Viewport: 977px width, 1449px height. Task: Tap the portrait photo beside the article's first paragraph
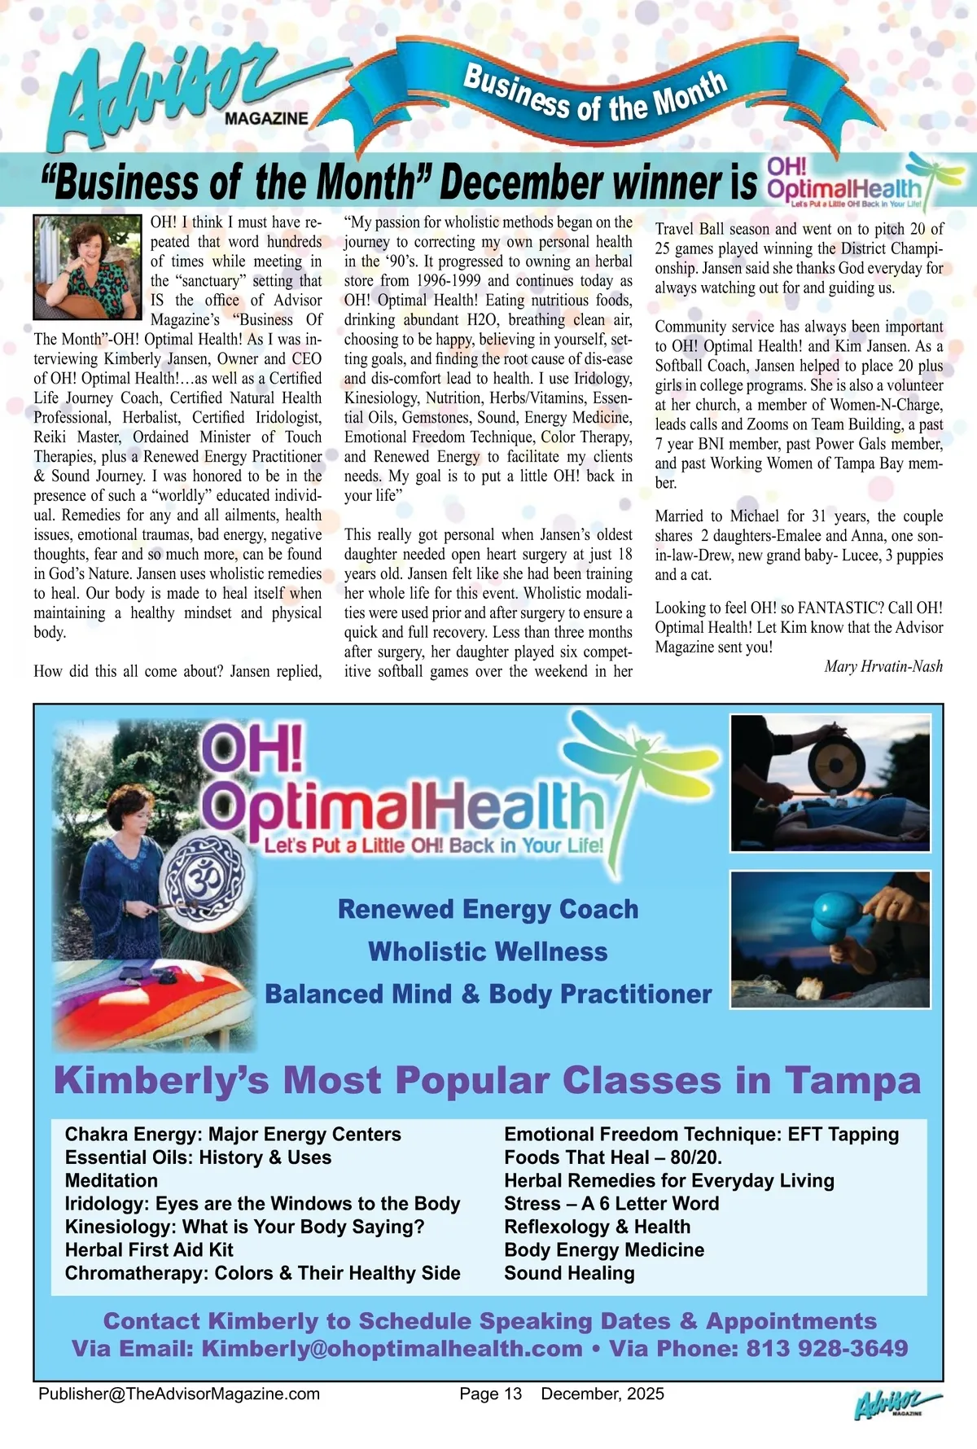pyautogui.click(x=88, y=266)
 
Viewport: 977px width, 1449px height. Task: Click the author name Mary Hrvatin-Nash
pyautogui.click(x=883, y=666)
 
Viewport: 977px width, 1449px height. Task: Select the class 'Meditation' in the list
pyautogui.click(x=112, y=1180)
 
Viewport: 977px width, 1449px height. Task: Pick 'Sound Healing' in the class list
pyautogui.click(x=569, y=1272)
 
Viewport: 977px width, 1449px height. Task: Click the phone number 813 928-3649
pyautogui.click(x=826, y=1348)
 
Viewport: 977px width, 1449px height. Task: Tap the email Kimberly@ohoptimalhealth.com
pyautogui.click(x=392, y=1348)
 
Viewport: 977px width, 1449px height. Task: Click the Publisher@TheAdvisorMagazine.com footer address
pyautogui.click(x=179, y=1394)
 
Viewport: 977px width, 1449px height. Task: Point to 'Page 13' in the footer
pyautogui.click(x=490, y=1394)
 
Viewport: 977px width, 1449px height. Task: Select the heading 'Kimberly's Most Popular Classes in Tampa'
pyautogui.click(x=487, y=1081)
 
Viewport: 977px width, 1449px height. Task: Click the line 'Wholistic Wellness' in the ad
pyautogui.click(x=488, y=951)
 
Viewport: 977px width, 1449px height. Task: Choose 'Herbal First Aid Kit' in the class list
pyautogui.click(x=149, y=1249)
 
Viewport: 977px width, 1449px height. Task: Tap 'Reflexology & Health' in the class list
pyautogui.click(x=597, y=1227)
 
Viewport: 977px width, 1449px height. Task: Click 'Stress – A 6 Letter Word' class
pyautogui.click(x=611, y=1203)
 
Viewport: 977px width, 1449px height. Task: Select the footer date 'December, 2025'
pyautogui.click(x=602, y=1394)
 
